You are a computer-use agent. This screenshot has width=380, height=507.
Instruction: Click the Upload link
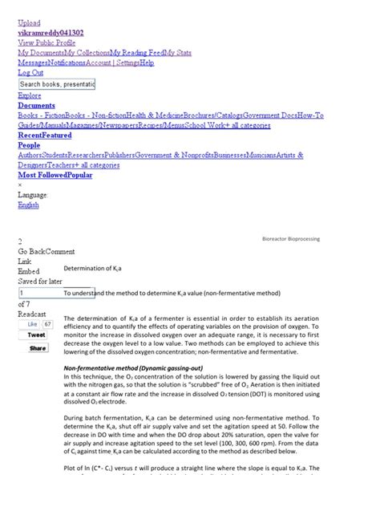pos(29,23)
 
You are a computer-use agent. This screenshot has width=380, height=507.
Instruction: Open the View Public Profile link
pos(46,43)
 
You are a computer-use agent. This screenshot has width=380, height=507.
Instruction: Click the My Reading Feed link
pos(137,53)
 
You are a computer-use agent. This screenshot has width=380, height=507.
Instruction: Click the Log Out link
pos(31,72)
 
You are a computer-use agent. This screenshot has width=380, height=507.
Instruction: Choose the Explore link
pos(30,95)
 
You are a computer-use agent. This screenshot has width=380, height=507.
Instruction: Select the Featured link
pos(58,136)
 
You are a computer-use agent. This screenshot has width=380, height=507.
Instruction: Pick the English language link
pos(28,205)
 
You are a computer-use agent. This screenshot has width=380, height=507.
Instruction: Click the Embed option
pos(29,272)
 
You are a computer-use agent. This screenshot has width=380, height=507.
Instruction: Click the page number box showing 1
pos(56,293)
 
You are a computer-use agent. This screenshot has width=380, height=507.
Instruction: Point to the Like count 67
pos(47,324)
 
